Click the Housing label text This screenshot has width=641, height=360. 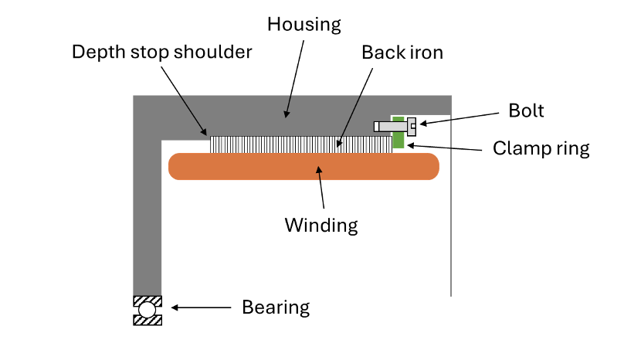click(304, 24)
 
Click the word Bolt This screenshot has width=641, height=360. click(526, 110)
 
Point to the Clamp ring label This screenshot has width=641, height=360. click(541, 148)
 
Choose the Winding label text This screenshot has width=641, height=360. click(321, 226)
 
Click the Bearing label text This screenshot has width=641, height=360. click(276, 307)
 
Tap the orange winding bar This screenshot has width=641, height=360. click(304, 167)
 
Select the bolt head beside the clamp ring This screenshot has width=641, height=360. click(411, 125)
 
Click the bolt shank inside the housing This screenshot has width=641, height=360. click(391, 126)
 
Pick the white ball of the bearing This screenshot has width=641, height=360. click(147, 311)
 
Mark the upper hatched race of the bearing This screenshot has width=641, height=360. click(147, 300)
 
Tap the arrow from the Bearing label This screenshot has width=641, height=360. click(201, 307)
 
